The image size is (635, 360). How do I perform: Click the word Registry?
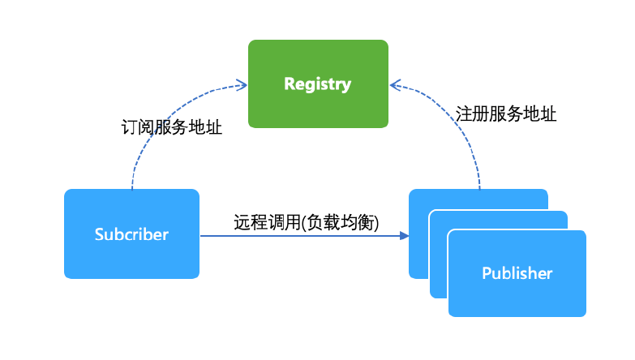pyautogui.click(x=318, y=84)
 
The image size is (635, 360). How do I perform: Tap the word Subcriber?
pyautogui.click(x=131, y=234)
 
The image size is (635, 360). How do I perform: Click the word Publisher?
pyautogui.click(x=517, y=272)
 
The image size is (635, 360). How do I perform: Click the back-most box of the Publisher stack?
pyautogui.click(x=478, y=199)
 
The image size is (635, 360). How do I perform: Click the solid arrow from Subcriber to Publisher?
pyautogui.click(x=300, y=236)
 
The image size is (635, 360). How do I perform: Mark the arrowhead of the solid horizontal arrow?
pyautogui.click(x=404, y=236)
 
